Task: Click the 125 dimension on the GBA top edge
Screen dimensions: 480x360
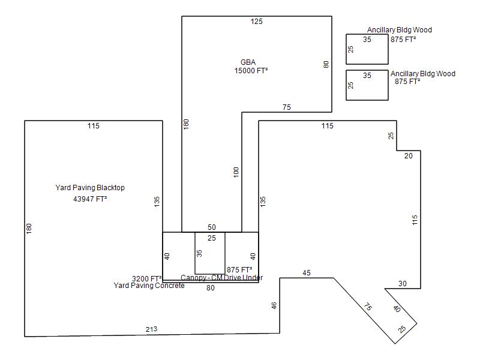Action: [257, 22]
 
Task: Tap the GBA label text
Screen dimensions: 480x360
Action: [248, 62]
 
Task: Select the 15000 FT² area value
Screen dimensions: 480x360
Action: [251, 70]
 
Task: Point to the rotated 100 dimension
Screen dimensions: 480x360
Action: [236, 172]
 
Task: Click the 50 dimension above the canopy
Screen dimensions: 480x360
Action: [212, 227]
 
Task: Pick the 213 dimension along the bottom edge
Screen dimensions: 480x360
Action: [152, 329]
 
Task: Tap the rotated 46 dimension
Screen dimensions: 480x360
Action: [274, 305]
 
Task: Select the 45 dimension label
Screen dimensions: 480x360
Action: [307, 273]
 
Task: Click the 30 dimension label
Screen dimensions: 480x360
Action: [403, 284]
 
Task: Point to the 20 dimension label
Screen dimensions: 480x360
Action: [409, 156]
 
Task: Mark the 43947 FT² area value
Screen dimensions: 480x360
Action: [90, 199]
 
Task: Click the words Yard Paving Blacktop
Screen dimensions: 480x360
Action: [90, 188]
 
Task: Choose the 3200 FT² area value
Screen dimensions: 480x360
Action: [146, 278]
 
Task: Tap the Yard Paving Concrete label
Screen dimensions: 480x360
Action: [149, 286]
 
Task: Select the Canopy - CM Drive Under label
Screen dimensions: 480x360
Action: [221, 278]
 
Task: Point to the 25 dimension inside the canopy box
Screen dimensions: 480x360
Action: [212, 238]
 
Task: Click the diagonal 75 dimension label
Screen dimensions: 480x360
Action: [368, 307]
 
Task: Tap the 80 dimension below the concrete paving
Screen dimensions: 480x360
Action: [211, 288]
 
